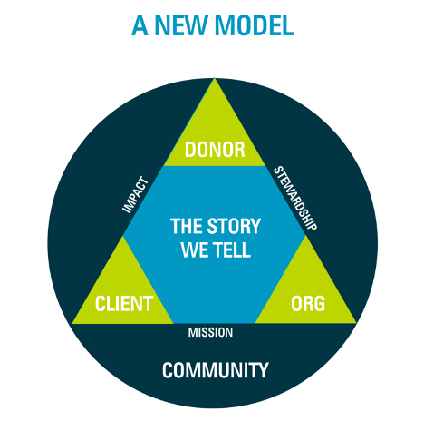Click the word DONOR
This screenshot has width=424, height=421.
215,150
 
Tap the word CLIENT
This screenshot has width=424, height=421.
124,303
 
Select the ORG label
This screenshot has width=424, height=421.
308,303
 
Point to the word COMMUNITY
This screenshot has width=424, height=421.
215,370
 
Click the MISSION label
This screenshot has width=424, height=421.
210,332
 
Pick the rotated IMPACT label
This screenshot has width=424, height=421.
135,195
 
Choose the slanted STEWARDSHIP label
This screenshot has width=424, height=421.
295,198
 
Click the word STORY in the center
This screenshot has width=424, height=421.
234,226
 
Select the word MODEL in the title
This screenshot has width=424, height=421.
255,25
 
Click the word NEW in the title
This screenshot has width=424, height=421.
181,25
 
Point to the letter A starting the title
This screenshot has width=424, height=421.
140,25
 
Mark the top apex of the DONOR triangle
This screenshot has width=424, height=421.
214,78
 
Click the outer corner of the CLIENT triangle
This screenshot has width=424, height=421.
72,323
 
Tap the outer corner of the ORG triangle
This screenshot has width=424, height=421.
356,323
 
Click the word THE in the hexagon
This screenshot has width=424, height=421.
187,226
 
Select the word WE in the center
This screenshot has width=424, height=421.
195,250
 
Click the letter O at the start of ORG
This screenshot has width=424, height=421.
296,303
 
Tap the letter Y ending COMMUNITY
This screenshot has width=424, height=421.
263,370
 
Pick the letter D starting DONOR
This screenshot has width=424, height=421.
190,150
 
